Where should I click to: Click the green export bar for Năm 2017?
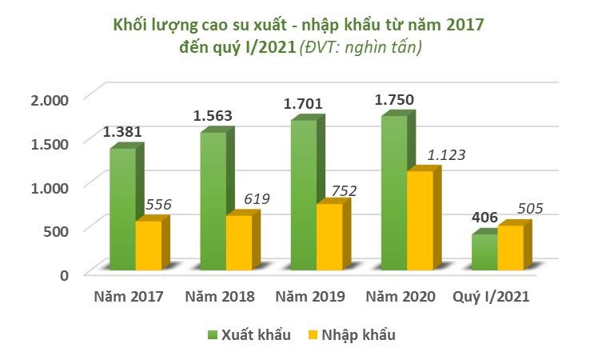click(122, 208)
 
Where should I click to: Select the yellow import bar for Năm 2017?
click(148, 244)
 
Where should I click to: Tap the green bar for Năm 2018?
click(212, 200)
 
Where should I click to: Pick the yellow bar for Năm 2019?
click(329, 236)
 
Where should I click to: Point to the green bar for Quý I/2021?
click(484, 251)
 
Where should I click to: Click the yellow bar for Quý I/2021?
click(510, 247)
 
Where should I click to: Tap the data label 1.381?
click(122, 132)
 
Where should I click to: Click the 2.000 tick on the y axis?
click(50, 99)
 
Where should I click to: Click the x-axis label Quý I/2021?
click(491, 297)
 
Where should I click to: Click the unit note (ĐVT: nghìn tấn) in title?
click(361, 49)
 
